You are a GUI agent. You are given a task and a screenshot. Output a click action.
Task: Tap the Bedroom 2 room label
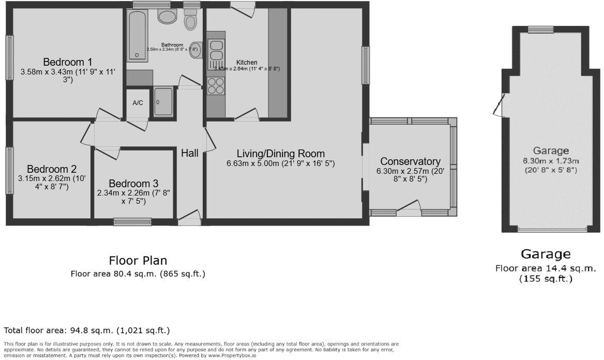pyautogui.click(x=52, y=169)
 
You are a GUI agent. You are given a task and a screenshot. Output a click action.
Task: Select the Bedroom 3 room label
pyautogui.click(x=133, y=184)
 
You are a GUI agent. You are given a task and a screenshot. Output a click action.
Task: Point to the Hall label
pyautogui.click(x=190, y=153)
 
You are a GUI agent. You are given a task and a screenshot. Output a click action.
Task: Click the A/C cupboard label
pyautogui.click(x=138, y=103)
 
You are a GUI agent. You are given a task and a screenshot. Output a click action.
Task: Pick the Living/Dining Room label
pyautogui.click(x=281, y=154)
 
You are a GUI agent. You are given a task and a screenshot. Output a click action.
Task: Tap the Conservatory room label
pyautogui.click(x=410, y=162)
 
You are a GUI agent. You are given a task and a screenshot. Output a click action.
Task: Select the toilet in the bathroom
pyautogui.click(x=191, y=21)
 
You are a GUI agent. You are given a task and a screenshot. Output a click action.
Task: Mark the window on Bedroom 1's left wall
pyautogui.click(x=9, y=57)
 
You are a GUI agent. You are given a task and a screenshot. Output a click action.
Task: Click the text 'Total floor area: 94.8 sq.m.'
pyautogui.click(x=58, y=330)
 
